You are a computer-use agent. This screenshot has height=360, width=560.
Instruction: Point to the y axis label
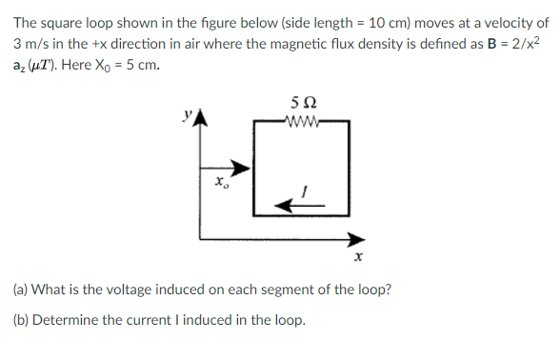click(190, 119)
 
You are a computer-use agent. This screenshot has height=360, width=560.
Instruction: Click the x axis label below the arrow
click(359, 258)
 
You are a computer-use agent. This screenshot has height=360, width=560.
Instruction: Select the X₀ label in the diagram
click(220, 180)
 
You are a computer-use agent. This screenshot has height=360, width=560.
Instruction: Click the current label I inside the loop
click(304, 189)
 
